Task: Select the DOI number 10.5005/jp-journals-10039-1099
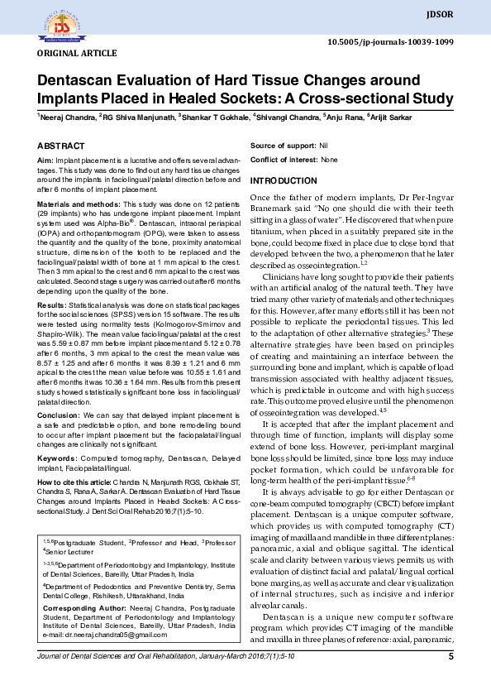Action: tap(391, 41)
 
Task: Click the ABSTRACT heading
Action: tap(61, 145)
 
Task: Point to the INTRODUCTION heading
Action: tap(284, 180)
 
